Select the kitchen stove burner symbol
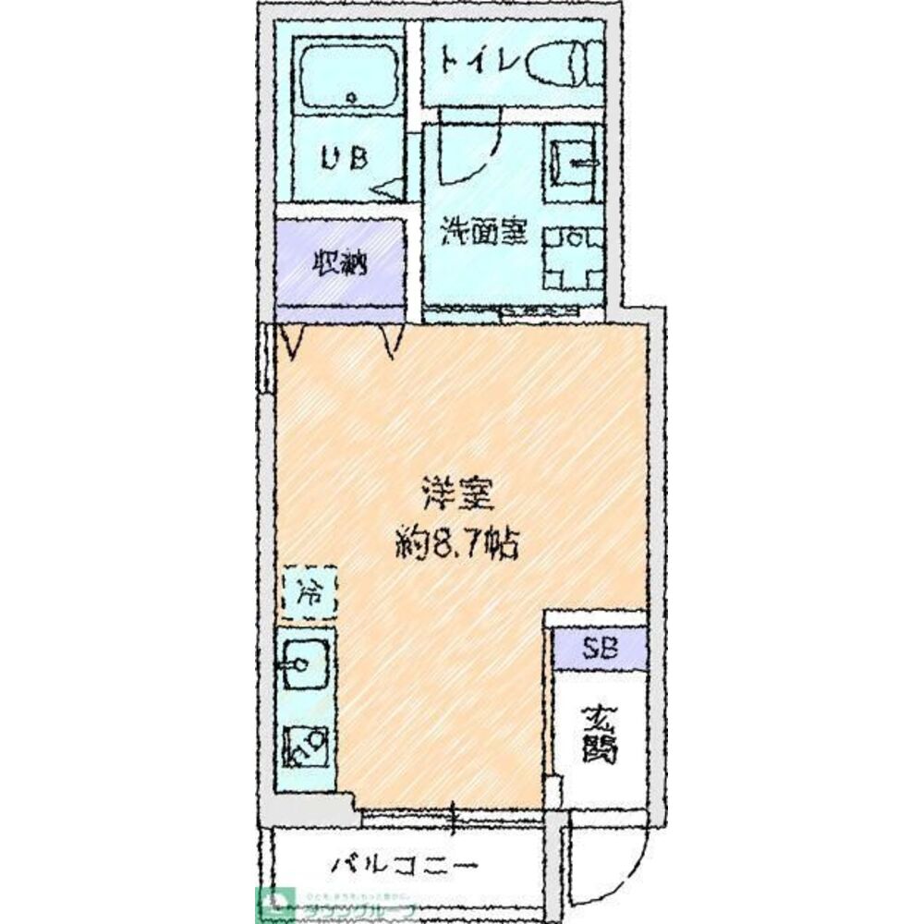[x=305, y=744]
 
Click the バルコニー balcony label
[x=404, y=866]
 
